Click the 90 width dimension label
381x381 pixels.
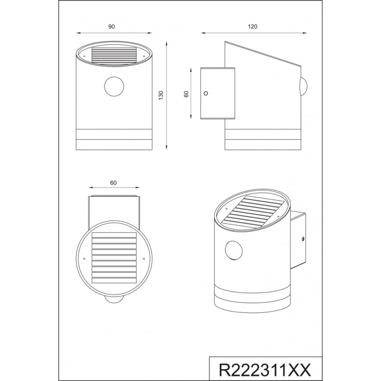click(111, 27)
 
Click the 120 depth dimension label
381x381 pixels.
click(253, 27)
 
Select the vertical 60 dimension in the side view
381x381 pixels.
click(186, 94)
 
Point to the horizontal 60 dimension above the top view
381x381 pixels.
click(113, 183)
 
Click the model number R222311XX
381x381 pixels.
click(265, 370)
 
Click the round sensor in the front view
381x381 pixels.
click(114, 87)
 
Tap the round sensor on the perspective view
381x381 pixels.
click(234, 251)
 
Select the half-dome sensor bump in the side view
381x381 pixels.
click(304, 87)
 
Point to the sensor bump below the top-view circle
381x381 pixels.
click(114, 299)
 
